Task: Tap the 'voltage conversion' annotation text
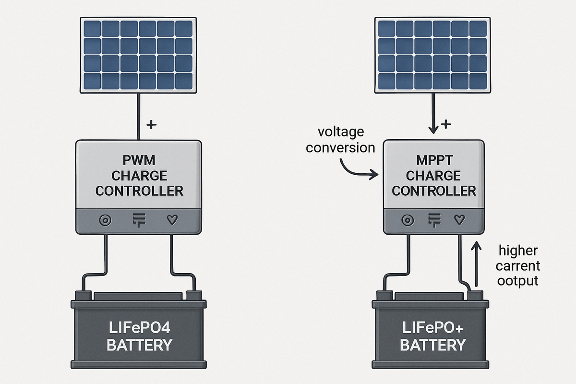(x=341, y=139)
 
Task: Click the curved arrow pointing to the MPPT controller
(x=358, y=169)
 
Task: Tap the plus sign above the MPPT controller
(x=446, y=125)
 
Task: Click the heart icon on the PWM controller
(x=171, y=220)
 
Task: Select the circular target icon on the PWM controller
(x=104, y=220)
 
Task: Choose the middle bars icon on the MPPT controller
(x=433, y=220)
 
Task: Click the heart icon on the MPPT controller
(x=459, y=220)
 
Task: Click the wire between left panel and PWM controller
(x=139, y=115)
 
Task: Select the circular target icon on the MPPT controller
(x=408, y=220)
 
